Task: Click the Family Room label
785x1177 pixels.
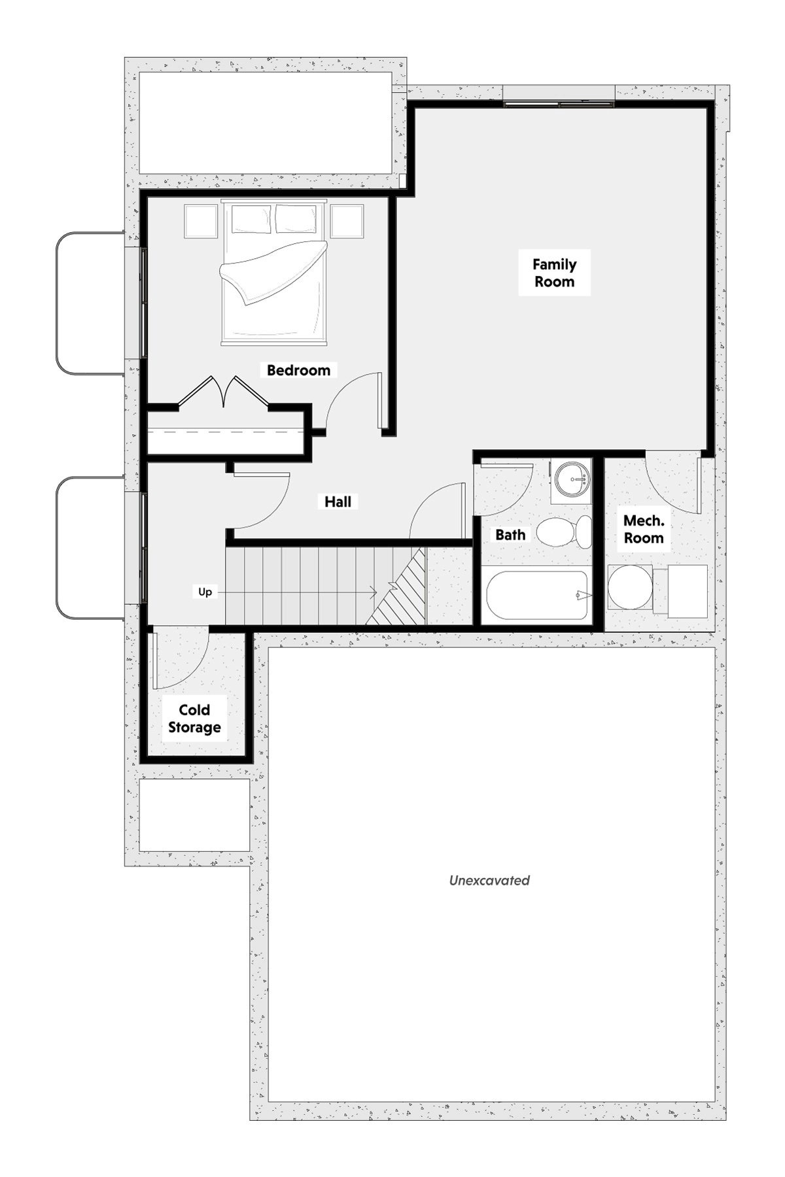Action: [x=554, y=273]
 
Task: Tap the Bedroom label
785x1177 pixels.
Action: [x=298, y=370]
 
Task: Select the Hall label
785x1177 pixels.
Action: [x=338, y=502]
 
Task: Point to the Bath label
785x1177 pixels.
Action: [x=510, y=534]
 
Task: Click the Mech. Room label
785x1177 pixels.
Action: [x=644, y=529]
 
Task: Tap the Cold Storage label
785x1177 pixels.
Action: [x=194, y=719]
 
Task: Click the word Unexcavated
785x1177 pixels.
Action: [x=489, y=880]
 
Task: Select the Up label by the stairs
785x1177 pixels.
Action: [x=205, y=592]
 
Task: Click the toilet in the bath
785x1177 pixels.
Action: [x=565, y=532]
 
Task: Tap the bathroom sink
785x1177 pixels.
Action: [x=571, y=479]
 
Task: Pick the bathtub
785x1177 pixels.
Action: [x=538, y=596]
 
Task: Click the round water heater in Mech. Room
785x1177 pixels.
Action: [x=629, y=587]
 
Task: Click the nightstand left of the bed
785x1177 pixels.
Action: [x=200, y=222]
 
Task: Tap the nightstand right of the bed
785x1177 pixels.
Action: [x=347, y=222]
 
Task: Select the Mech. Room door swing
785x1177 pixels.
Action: [x=674, y=485]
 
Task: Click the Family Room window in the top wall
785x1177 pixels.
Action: [x=559, y=103]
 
